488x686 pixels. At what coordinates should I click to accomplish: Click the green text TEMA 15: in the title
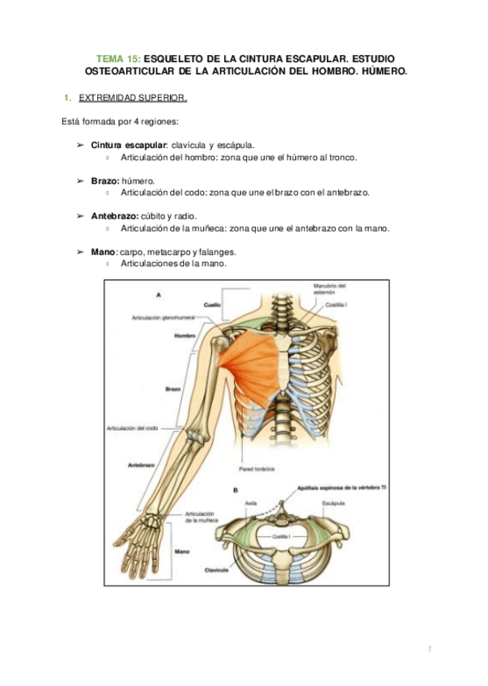tap(119, 60)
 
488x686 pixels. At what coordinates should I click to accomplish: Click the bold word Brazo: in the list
tap(105, 180)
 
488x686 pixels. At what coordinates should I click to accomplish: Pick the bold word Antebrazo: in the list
tap(114, 216)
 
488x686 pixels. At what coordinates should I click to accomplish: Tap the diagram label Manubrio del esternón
tap(329, 288)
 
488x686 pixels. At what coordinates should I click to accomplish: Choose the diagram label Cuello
tap(212, 305)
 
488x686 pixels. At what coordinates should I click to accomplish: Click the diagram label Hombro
tap(185, 336)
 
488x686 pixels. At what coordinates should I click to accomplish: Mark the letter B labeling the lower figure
tap(235, 490)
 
